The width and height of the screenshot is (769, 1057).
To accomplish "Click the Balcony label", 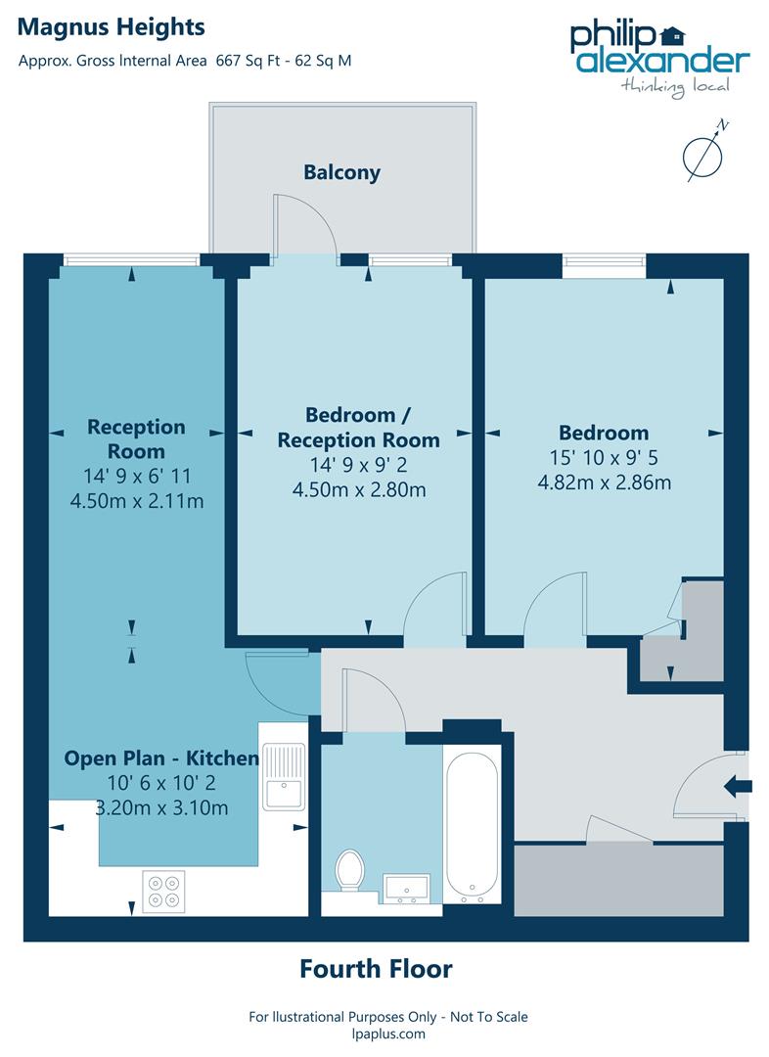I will pos(341,173).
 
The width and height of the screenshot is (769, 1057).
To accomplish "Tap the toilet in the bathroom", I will pos(349,871).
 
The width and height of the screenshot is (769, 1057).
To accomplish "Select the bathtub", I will pos(472,824).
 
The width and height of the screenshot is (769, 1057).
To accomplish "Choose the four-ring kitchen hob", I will pos(163,891).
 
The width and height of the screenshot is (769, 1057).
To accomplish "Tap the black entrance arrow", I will pos(739,785).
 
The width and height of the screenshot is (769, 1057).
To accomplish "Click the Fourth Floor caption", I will pos(376,969).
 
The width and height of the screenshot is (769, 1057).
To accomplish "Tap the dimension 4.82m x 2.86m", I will pos(604,482).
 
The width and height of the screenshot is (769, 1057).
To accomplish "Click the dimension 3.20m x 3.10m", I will pos(162,807).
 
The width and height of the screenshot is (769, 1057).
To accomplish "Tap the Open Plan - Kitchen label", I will pos(161,758).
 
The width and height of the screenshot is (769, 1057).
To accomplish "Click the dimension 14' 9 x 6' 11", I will pos(136,477).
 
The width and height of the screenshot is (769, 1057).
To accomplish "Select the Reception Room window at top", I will pos(131,259).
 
